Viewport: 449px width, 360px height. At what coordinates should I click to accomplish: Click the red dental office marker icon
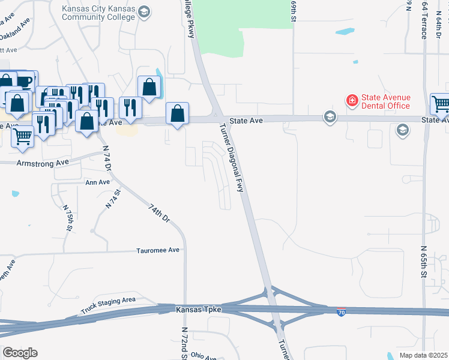point(351,100)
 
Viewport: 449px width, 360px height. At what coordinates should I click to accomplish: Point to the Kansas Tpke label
point(199,309)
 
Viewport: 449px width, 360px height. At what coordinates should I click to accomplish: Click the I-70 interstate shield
point(340,313)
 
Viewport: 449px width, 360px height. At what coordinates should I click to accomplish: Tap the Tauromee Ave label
point(158,250)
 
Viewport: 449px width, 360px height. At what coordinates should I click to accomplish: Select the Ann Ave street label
point(98,182)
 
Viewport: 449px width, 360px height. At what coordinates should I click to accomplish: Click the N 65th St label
point(424,262)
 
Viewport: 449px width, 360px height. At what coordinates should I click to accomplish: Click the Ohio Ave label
point(204,356)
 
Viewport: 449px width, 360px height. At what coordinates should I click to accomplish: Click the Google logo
point(20,353)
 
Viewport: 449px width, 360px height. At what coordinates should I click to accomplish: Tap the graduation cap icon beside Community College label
point(143,11)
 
